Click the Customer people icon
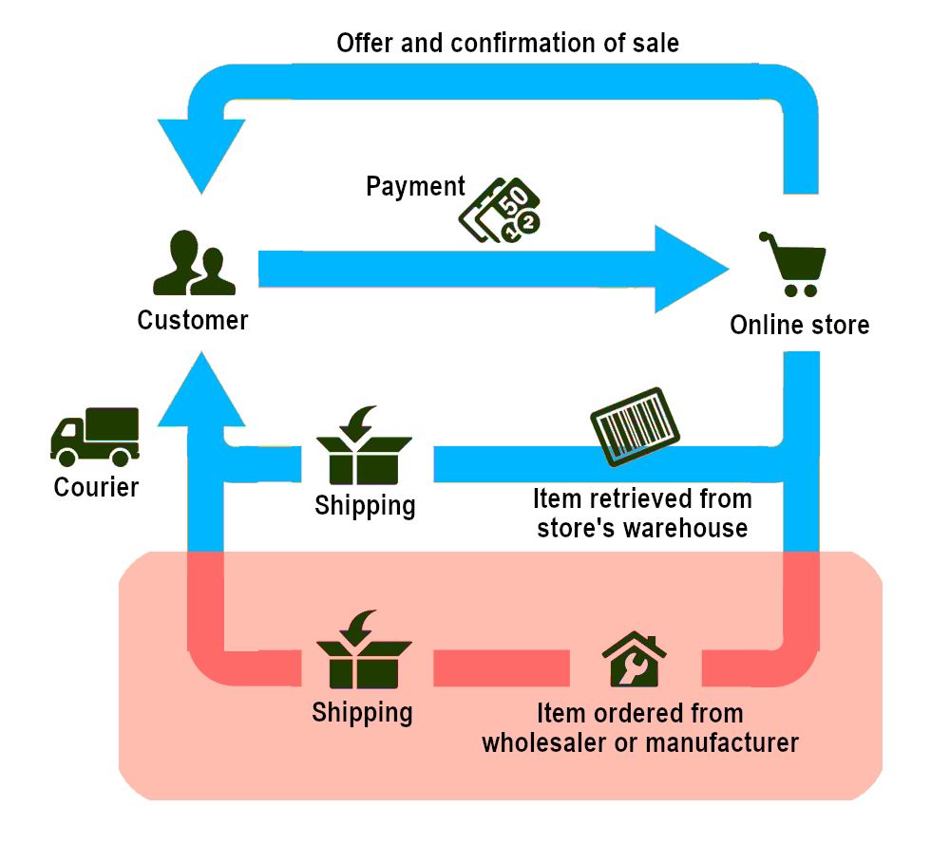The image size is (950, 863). tap(194, 263)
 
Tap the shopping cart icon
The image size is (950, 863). tap(793, 264)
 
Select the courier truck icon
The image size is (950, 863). tap(95, 437)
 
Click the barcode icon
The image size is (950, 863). tap(635, 426)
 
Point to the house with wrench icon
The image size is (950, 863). tap(634, 659)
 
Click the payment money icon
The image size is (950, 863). tap(500, 210)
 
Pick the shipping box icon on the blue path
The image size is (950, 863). tap(364, 445)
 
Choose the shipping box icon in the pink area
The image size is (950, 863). tap(364, 649)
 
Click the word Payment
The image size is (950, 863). tap(416, 186)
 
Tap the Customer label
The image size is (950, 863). tap(193, 320)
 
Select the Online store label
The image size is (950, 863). tap(800, 325)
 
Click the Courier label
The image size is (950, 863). tap(96, 487)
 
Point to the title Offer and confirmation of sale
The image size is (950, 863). tap(507, 43)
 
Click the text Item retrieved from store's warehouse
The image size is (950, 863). tap(642, 513)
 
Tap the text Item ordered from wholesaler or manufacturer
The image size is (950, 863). tap(640, 728)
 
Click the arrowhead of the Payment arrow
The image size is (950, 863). tap(692, 270)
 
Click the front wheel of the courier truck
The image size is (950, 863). tap(66, 458)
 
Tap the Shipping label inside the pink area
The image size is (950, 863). tap(362, 713)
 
